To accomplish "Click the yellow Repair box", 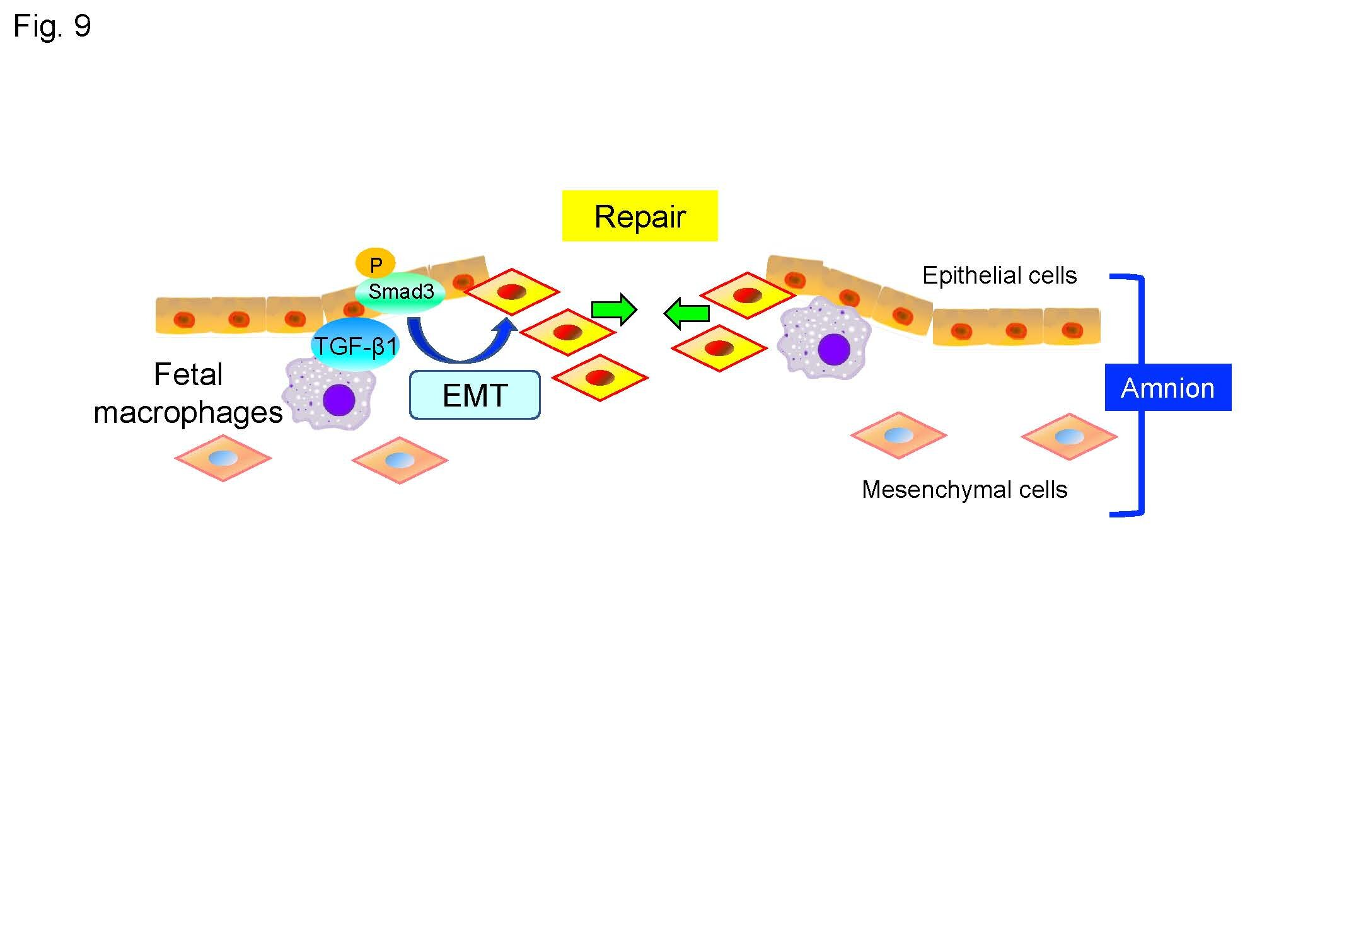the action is tap(640, 216).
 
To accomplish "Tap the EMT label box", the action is tap(475, 395).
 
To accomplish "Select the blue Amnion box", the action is tap(1168, 388).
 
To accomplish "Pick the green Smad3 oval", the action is tap(400, 292).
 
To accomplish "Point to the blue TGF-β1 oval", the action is tap(356, 345).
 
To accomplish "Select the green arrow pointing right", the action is tap(614, 309).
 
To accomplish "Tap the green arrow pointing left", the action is tap(686, 313).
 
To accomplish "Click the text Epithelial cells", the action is tap(999, 275).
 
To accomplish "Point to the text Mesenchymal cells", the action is tap(964, 490).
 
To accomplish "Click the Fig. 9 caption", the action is tap(52, 27).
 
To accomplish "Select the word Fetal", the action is tap(188, 374).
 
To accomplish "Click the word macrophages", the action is tap(188, 413).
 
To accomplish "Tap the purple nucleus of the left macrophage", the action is tap(339, 400).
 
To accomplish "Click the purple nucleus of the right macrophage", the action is tap(834, 349).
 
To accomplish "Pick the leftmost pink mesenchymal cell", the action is tap(223, 458).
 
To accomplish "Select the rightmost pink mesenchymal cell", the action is tap(1069, 436).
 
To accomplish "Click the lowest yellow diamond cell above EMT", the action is tap(599, 378).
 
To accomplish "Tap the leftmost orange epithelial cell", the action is tap(183, 316).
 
